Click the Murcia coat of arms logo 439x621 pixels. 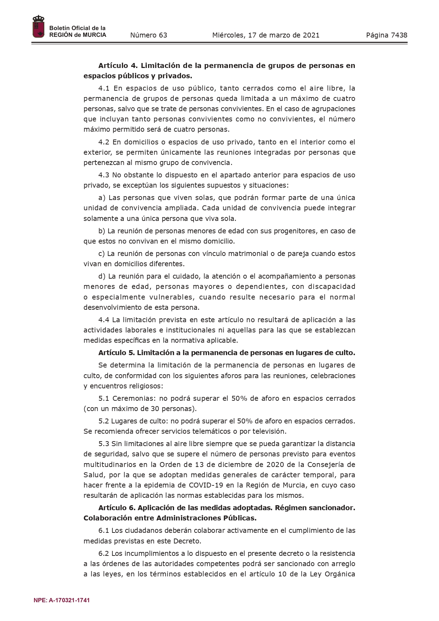click(x=38, y=27)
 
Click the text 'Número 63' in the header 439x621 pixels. click(x=149, y=35)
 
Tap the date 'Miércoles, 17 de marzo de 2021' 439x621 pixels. click(x=266, y=35)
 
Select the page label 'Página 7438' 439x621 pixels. click(x=387, y=35)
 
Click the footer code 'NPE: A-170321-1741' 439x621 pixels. click(x=62, y=600)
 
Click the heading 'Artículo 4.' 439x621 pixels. click(x=118, y=65)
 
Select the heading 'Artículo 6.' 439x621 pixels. click(x=117, y=508)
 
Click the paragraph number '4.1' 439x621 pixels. click(x=104, y=88)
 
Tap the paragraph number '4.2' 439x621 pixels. click(x=104, y=142)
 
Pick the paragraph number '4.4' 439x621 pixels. click(x=104, y=320)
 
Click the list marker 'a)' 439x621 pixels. click(x=102, y=198)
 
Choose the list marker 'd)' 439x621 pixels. click(x=102, y=276)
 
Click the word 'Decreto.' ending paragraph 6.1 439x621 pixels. click(x=187, y=541)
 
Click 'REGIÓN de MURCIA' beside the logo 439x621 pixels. click(x=77, y=35)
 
